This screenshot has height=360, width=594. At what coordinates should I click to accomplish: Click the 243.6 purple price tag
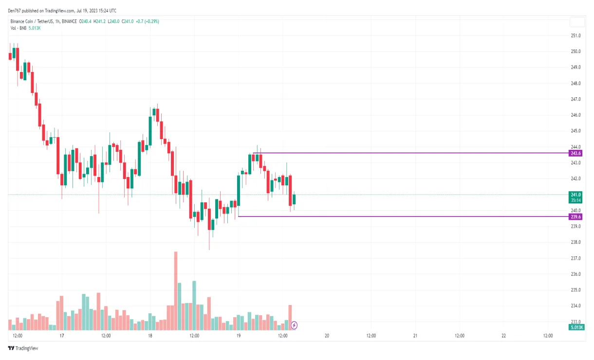(x=576, y=153)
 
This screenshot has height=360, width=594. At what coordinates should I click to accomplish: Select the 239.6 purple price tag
(x=576, y=216)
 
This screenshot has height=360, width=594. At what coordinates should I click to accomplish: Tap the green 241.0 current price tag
(x=576, y=195)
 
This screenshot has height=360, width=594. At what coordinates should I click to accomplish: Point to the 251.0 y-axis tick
(x=576, y=36)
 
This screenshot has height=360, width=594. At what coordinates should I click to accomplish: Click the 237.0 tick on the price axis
(x=576, y=258)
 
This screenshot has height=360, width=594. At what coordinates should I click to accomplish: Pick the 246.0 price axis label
(x=576, y=115)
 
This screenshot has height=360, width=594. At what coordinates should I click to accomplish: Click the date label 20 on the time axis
(x=327, y=336)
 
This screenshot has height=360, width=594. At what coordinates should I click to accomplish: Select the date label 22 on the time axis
(x=504, y=336)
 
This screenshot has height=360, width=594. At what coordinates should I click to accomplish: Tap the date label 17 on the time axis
(x=62, y=336)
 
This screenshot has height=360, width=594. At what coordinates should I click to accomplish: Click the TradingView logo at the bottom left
(x=23, y=348)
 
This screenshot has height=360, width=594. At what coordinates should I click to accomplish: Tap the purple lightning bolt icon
(x=294, y=325)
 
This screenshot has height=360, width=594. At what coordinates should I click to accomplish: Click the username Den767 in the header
(x=16, y=11)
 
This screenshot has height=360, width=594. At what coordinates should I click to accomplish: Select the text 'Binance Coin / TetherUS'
(x=32, y=21)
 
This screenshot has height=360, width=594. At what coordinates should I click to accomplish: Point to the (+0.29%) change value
(x=150, y=21)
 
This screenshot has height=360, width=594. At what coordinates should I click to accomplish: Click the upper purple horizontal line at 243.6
(x=414, y=153)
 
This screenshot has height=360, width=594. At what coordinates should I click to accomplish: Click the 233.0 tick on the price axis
(x=576, y=322)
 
